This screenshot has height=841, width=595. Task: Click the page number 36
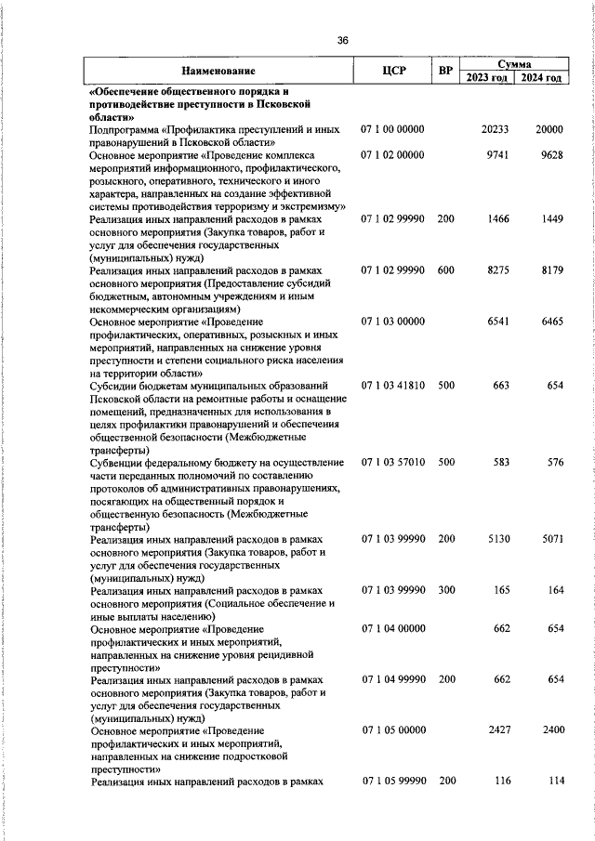click(x=343, y=40)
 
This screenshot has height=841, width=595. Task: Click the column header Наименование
click(x=218, y=71)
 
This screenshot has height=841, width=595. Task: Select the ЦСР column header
click(x=394, y=71)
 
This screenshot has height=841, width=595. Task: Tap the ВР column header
click(x=446, y=71)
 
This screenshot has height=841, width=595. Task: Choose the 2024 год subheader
click(x=541, y=78)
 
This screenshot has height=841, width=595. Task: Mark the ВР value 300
click(x=446, y=589)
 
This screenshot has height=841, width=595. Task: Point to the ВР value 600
click(x=446, y=269)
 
